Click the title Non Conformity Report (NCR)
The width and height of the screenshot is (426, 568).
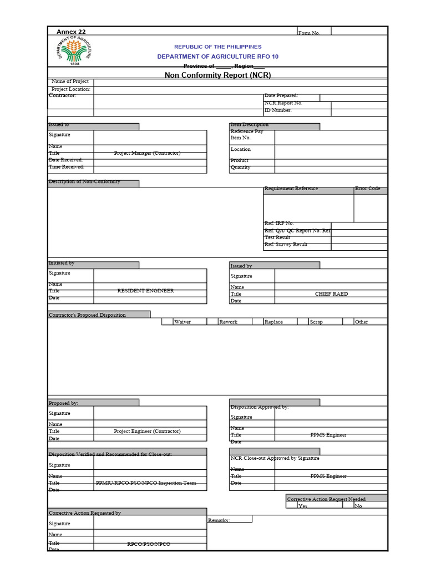217,75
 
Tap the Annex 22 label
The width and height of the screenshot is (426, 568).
71,32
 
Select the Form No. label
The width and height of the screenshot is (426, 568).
309,33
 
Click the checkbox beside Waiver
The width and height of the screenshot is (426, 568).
167,321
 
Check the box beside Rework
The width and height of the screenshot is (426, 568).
212,321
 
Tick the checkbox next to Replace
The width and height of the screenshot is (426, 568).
257,321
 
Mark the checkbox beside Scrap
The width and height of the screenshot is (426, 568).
303,321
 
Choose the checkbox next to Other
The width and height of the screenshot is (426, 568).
348,321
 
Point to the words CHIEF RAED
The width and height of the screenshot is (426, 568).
331,294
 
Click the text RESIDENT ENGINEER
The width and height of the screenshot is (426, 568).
145,291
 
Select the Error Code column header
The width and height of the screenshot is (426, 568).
368,189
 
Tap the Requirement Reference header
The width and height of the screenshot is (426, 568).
291,189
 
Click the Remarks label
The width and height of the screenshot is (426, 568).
219,520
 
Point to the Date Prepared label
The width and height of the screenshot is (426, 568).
281,96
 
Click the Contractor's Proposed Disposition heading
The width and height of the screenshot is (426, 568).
87,315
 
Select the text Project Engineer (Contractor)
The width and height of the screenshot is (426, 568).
147,431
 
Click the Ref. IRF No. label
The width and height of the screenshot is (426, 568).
279,223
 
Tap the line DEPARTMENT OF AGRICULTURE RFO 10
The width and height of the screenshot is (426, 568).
217,57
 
